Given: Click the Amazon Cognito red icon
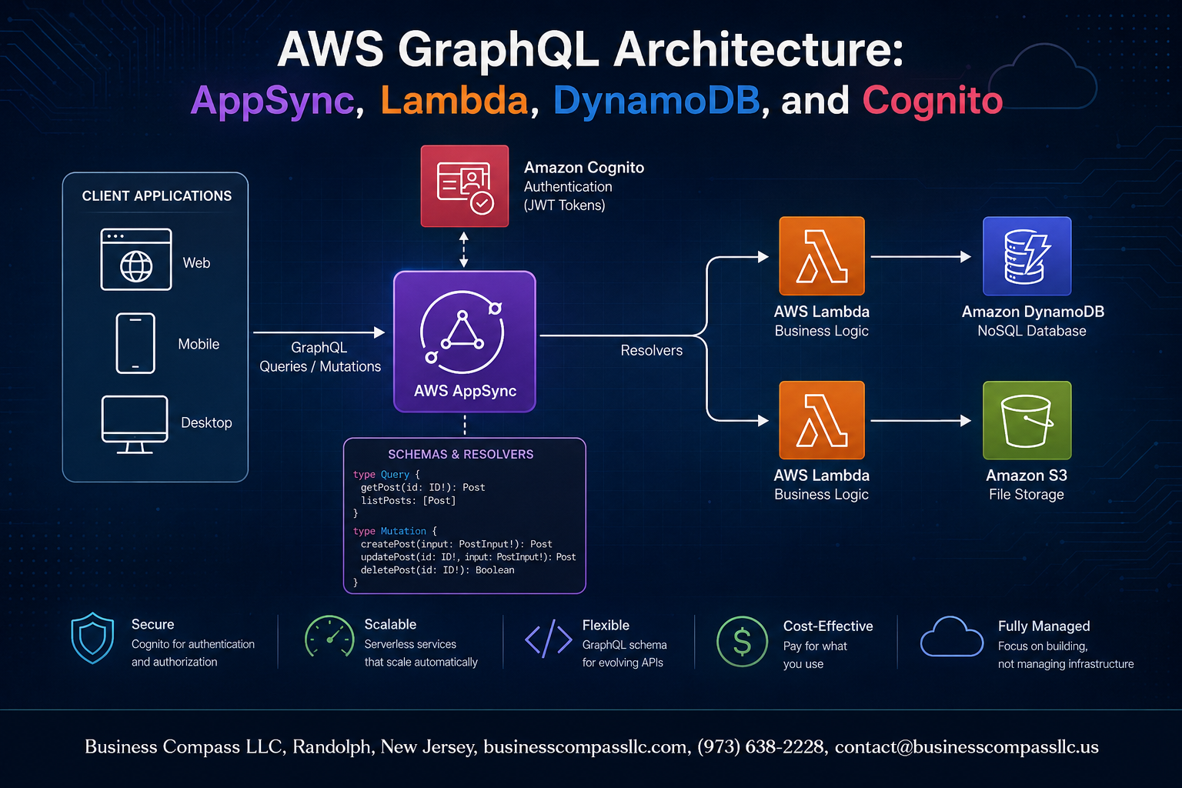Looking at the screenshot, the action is pos(464,185).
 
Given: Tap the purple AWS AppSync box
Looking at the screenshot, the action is pos(464,342).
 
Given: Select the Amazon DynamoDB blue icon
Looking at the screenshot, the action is pos(1027,256).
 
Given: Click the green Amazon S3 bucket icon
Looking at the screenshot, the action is pos(1027,420).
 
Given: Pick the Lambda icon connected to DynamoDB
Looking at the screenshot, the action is pos(822,256).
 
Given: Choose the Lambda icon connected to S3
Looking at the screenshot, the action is pos(822,420).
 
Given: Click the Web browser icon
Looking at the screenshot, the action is pos(136,259).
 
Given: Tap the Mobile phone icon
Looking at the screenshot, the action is pos(135,343).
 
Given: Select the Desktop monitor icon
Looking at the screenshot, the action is pos(135,424).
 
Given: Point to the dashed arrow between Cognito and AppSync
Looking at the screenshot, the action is pos(464,249).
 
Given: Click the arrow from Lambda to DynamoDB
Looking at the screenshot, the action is pos(921,256).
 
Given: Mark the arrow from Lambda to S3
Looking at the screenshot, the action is pos(921,421).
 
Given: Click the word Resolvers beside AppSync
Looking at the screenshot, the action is pos(651,350).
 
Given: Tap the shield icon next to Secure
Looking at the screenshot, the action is pos(93,638).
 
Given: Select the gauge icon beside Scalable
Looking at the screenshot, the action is pos(329,636).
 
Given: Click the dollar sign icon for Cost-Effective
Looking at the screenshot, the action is pos(742,642).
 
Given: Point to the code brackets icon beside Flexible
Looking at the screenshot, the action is pos(548,639).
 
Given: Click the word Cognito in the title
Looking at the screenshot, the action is pos(933,100).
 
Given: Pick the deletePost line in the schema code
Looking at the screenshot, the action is pos(437,570).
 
